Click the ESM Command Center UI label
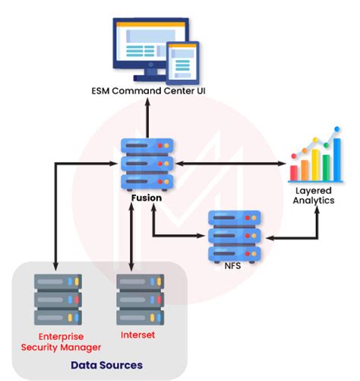[x=148, y=90]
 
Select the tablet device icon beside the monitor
[x=182, y=63]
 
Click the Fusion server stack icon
[x=147, y=164]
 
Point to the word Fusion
[x=147, y=198]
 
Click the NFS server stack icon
[x=235, y=237]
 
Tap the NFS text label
[x=232, y=266]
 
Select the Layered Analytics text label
[x=314, y=195]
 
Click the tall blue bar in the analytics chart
[x=337, y=160]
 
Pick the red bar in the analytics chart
[x=294, y=173]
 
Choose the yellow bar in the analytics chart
[x=315, y=165]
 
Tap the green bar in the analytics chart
[x=326, y=168]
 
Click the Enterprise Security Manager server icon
[x=58, y=300]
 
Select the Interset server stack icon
[x=140, y=300]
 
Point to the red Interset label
[x=137, y=335]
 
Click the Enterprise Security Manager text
[x=61, y=341]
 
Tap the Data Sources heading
[x=106, y=365]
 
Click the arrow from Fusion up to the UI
[x=147, y=118]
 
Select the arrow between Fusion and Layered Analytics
[x=230, y=164]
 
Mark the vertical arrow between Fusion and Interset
[x=131, y=237]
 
